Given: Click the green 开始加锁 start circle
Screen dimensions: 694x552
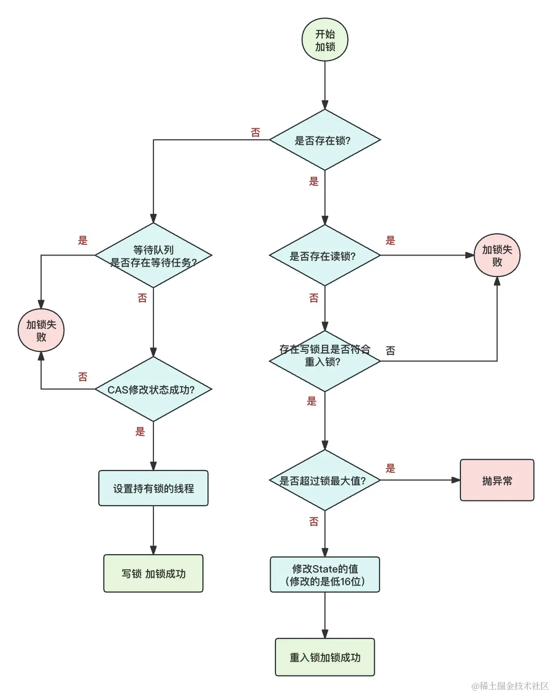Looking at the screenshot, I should pyautogui.click(x=325, y=40).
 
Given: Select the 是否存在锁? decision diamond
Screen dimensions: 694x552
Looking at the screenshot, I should pyautogui.click(x=325, y=140).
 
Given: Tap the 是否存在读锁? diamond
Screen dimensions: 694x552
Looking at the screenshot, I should pyautogui.click(x=325, y=256).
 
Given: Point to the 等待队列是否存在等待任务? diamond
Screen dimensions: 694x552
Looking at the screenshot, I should pyautogui.click(x=153, y=256).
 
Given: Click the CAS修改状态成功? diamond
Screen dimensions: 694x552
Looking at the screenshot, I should pyautogui.click(x=153, y=390).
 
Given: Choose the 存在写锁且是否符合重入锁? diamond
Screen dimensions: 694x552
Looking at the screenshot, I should pyautogui.click(x=325, y=361).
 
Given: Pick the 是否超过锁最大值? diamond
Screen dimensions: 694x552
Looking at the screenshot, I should pyautogui.click(x=325, y=481).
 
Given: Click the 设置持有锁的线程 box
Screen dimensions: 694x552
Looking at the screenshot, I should pyautogui.click(x=153, y=488).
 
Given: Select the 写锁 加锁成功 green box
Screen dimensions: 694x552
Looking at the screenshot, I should pyautogui.click(x=153, y=573).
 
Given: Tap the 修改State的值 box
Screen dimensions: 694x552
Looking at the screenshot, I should pyautogui.click(x=325, y=574).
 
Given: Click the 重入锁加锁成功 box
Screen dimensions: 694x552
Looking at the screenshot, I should pyautogui.click(x=325, y=657).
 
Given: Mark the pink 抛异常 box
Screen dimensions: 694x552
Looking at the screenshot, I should pyautogui.click(x=497, y=481).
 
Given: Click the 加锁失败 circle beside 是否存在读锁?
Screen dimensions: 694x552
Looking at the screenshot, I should pyautogui.click(x=497, y=256).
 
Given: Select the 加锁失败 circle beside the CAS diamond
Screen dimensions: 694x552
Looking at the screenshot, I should pyautogui.click(x=41, y=330).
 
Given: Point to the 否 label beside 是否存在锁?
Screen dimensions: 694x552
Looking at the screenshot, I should pyautogui.click(x=256, y=133).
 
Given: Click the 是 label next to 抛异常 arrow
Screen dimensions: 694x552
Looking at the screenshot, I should pyautogui.click(x=390, y=468).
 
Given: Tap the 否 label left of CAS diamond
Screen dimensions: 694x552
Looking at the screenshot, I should pyautogui.click(x=83, y=377).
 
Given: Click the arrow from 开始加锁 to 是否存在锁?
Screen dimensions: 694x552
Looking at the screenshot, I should pyautogui.click(x=325, y=85).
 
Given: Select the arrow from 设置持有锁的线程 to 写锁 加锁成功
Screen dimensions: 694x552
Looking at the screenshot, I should pyautogui.click(x=153, y=530).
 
